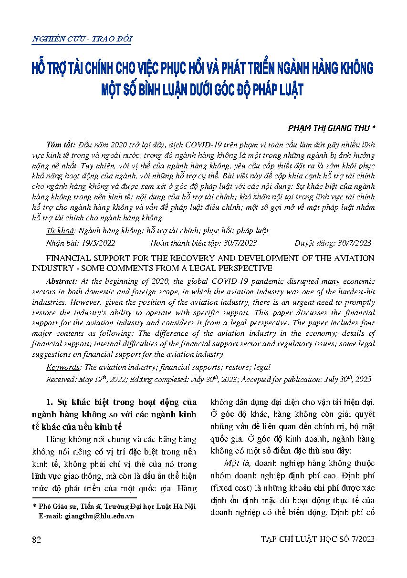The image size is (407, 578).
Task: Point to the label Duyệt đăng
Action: click(x=313, y=243)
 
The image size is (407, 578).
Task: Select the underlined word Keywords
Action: click(x=63, y=367)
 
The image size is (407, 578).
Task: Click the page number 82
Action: click(x=36, y=539)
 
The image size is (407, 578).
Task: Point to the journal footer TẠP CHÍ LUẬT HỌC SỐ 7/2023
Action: click(x=318, y=539)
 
